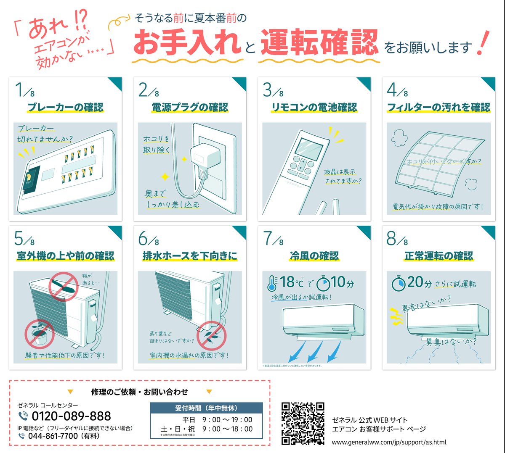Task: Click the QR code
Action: [x=303, y=423]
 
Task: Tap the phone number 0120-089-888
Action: [x=71, y=416]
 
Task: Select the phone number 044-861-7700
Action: [x=53, y=436]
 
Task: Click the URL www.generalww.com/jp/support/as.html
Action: [x=389, y=442]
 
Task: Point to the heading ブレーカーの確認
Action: [x=65, y=107]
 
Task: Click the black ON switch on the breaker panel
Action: [x=29, y=179]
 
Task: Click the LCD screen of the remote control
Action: [x=309, y=148]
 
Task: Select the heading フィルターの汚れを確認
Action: [x=439, y=107]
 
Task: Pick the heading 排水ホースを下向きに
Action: [x=190, y=256]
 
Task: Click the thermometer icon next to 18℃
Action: [x=272, y=284]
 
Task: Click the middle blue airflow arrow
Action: [x=315, y=351]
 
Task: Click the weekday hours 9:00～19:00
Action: [x=227, y=419]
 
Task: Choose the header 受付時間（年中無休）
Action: [x=206, y=408]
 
